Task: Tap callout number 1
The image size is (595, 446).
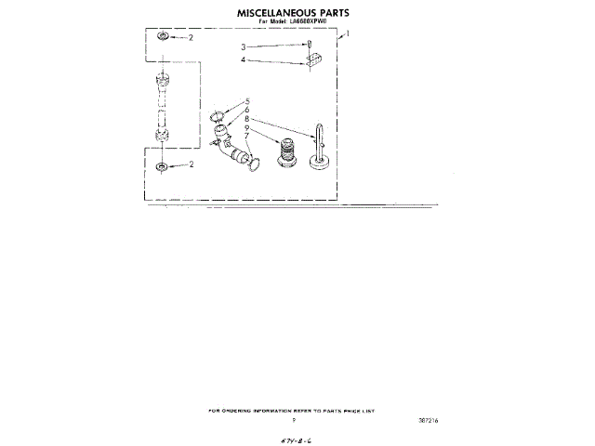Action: [348, 35]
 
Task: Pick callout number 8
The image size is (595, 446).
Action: [248, 119]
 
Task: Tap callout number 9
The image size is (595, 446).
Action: [248, 128]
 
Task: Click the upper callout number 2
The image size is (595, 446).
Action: [191, 38]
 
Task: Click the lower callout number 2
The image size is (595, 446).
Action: [191, 165]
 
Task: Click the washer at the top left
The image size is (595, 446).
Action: [164, 37]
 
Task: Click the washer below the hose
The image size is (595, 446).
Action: [164, 165]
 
